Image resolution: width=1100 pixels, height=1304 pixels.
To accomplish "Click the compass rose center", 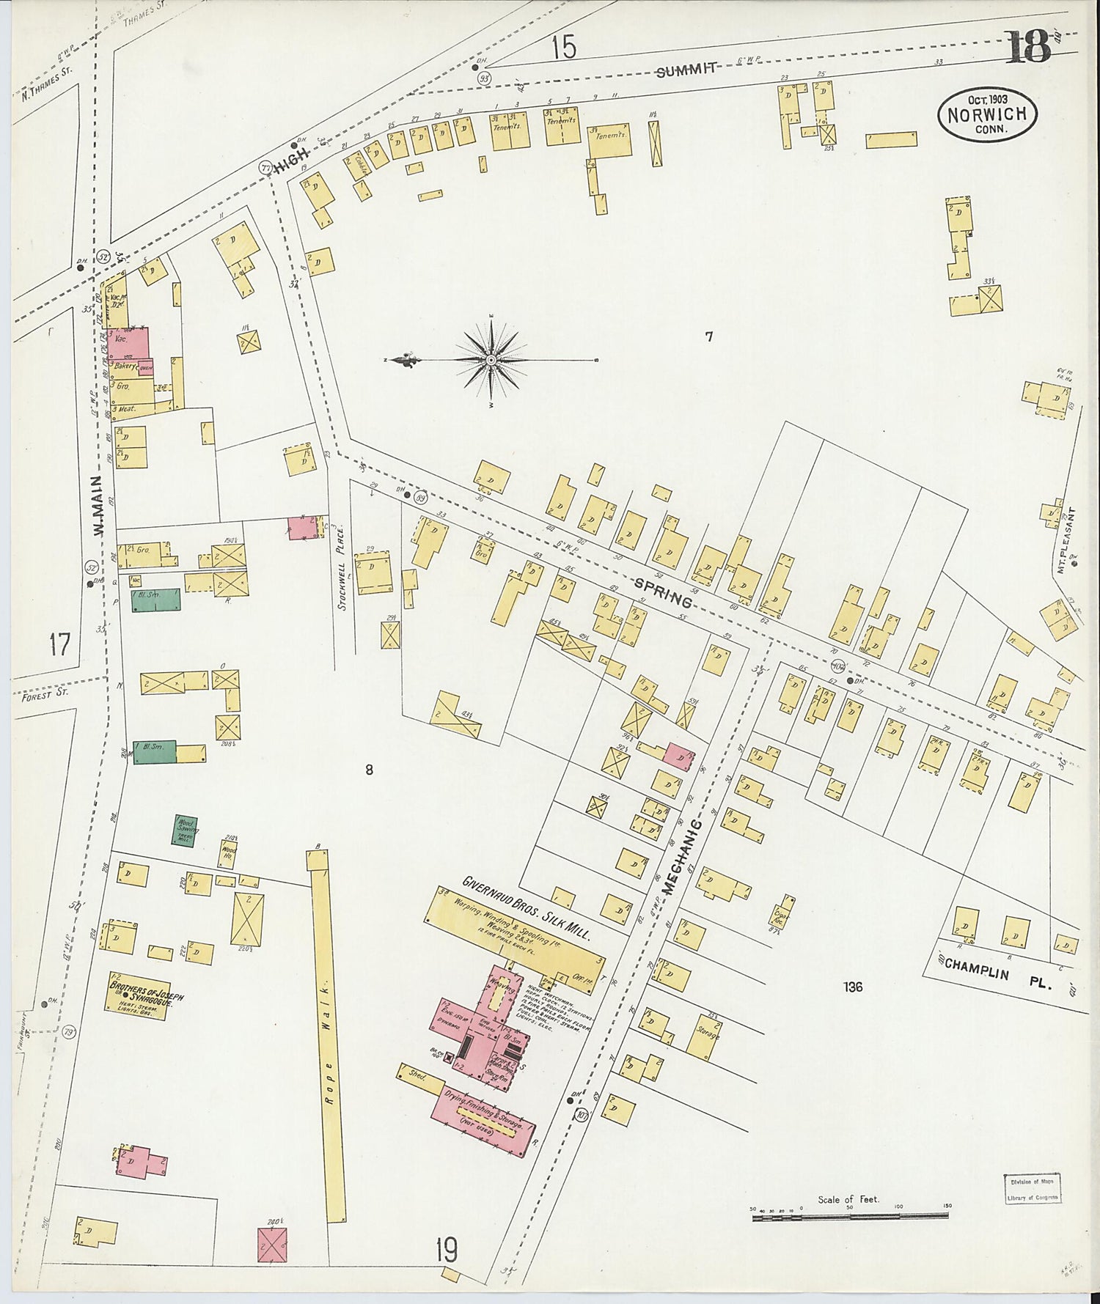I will [x=490, y=360].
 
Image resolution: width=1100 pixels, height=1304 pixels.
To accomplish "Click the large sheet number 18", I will [x=1028, y=48].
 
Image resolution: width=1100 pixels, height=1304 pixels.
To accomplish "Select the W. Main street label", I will [x=101, y=514].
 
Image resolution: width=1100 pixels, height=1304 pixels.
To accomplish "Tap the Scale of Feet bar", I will [x=849, y=1218].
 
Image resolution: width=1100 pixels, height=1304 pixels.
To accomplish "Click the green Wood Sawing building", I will [x=184, y=830].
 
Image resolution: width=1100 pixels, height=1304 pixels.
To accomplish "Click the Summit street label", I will [x=686, y=70].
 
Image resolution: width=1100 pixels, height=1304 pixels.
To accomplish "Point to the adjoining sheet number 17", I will [x=59, y=645].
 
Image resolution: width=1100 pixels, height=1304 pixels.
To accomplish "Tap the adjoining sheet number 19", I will [x=446, y=1250].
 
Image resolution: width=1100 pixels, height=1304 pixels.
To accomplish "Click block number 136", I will [x=852, y=987].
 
